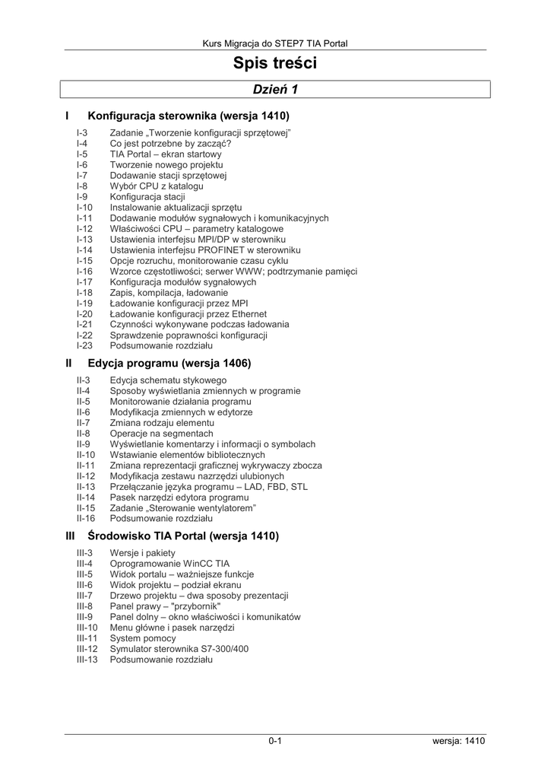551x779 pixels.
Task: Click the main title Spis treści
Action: pyautogui.click(x=275, y=64)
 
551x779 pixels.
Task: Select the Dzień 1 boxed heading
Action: pyautogui.click(x=275, y=90)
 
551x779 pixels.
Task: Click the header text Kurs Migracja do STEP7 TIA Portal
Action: pyautogui.click(x=275, y=44)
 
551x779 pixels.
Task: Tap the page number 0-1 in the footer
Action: pyautogui.click(x=275, y=741)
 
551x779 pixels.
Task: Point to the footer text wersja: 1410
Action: pyautogui.click(x=454, y=741)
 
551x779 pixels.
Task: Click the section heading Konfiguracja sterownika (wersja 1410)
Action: pyautogui.click(x=189, y=116)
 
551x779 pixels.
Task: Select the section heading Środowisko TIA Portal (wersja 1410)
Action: pyautogui.click(x=183, y=536)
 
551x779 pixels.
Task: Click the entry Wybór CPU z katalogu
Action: pyautogui.click(x=157, y=186)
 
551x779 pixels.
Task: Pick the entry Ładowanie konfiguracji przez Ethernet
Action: pyautogui.click(x=188, y=313)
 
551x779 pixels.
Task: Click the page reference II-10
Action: pyautogui.click(x=87, y=454)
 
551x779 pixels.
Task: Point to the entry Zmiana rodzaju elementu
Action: pyautogui.click(x=162, y=422)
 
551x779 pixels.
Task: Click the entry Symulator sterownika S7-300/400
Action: pyautogui.click(x=179, y=649)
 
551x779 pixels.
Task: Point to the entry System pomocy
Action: pyautogui.click(x=143, y=638)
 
